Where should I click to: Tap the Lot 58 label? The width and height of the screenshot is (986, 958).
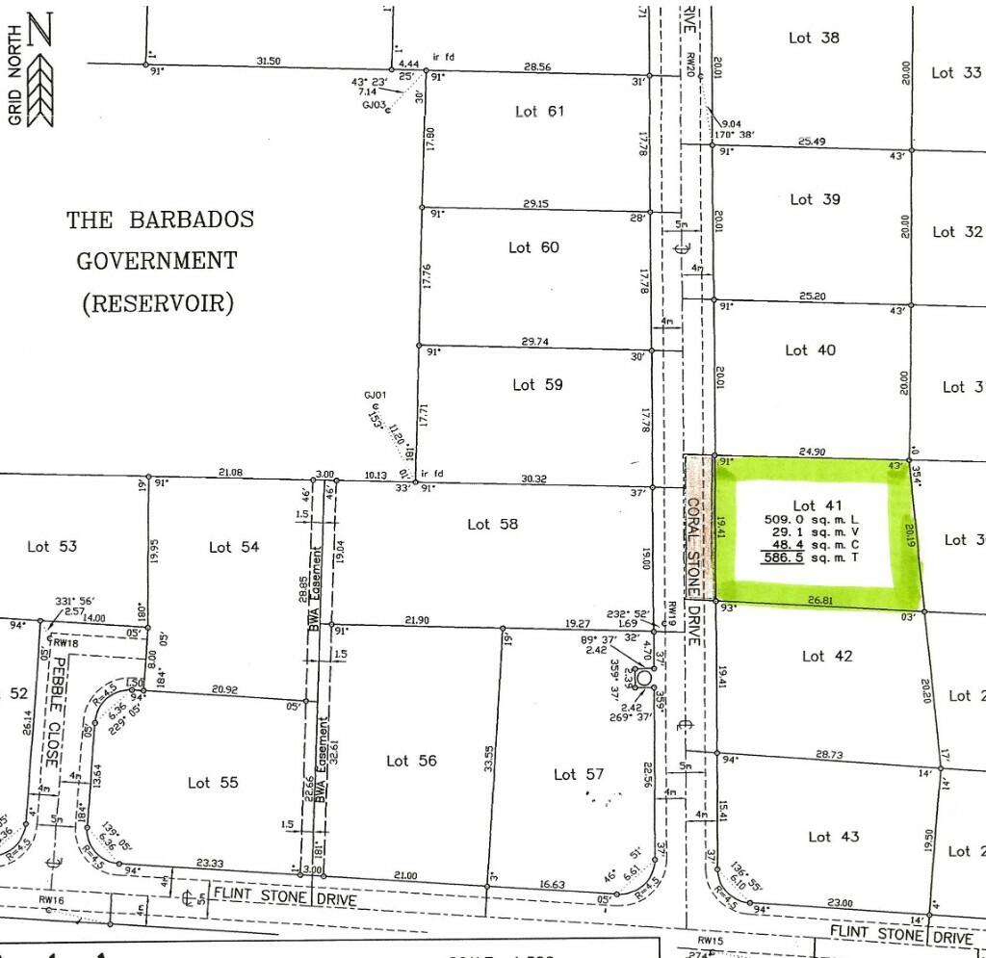(492, 524)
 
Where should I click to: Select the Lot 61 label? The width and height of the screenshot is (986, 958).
(539, 112)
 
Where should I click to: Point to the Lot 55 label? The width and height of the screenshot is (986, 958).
(212, 783)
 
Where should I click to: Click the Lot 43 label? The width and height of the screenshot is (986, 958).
(833, 837)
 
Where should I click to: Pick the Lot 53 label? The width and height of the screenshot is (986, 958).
(52, 546)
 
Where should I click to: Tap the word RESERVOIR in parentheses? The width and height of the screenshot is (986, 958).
(158, 304)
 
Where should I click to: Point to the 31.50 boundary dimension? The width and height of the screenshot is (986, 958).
(269, 61)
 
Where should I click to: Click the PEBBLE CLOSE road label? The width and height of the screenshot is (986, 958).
(55, 711)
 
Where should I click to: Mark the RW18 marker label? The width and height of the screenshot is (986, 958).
(65, 642)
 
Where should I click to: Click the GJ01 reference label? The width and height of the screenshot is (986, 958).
(376, 396)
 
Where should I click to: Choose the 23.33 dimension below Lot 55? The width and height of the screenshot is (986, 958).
(211, 864)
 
